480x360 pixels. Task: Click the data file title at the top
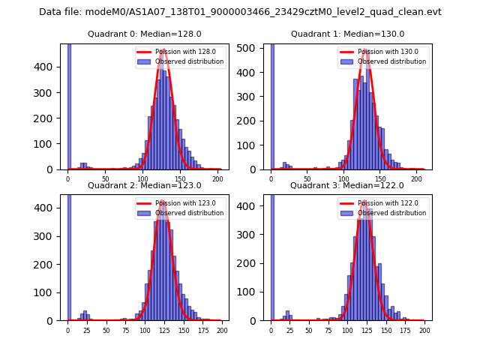240,12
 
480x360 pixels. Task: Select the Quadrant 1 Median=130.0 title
347,34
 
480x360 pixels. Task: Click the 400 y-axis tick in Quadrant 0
50,67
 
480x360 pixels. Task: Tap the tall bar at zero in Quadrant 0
69,105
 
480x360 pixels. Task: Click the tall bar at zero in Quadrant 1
271,105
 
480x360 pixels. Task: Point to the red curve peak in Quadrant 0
163,50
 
